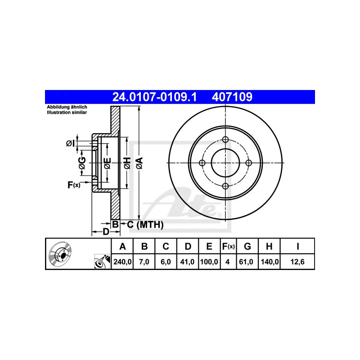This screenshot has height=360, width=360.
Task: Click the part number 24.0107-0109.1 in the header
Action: click(154, 97)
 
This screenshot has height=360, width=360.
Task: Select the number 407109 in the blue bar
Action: click(232, 97)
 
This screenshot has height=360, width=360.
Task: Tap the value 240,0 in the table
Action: click(122, 262)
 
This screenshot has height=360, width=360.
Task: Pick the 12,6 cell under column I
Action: click(297, 262)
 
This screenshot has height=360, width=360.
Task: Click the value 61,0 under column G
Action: click(246, 262)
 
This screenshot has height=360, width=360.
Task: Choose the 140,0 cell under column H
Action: click(270, 262)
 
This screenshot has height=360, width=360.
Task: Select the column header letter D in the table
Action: click(188, 246)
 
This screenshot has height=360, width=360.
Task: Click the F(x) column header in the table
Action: click(228, 246)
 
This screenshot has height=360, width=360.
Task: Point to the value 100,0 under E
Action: click(209, 262)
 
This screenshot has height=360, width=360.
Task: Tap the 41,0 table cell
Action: click(187, 262)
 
